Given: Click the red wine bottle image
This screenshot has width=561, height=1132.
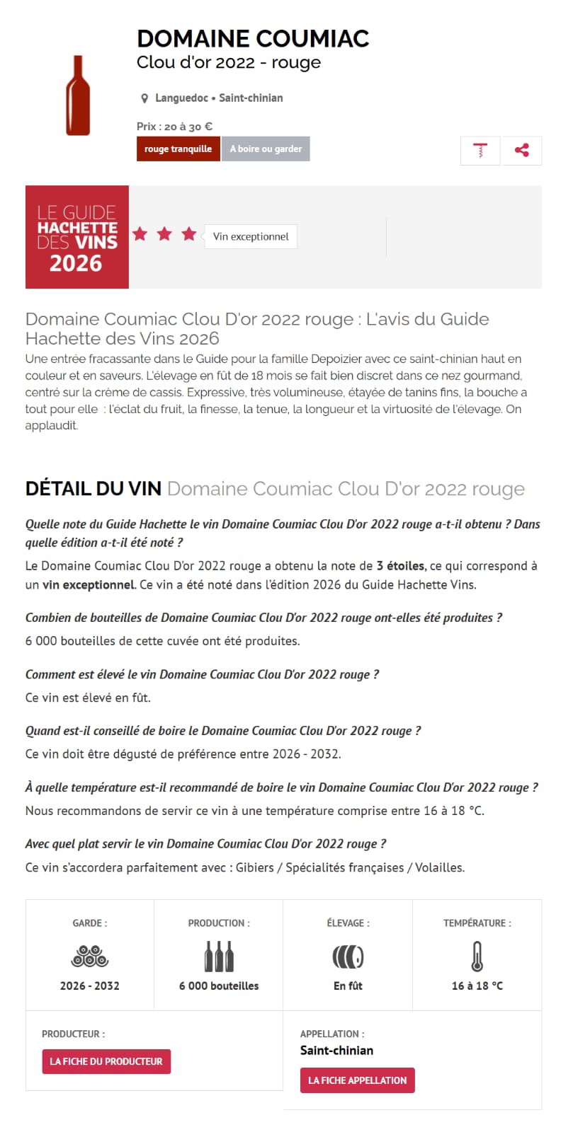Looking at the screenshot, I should [x=78, y=96].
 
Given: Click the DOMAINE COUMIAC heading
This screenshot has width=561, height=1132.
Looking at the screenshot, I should [x=253, y=38].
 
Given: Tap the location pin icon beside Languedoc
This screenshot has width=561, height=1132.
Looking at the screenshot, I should [x=144, y=98].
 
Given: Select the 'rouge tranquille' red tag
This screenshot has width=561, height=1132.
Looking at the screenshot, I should [x=178, y=149].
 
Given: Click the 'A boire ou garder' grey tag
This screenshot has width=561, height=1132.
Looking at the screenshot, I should [x=266, y=149].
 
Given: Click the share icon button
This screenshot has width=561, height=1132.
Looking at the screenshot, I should [x=522, y=150].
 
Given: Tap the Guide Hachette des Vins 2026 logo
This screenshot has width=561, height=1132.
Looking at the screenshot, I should [x=77, y=237].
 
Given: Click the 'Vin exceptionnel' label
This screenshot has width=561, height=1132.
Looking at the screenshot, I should [x=251, y=237].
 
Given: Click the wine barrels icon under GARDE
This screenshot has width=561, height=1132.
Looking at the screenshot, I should [x=90, y=957].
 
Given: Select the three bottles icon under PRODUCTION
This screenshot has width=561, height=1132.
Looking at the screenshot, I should [x=219, y=957].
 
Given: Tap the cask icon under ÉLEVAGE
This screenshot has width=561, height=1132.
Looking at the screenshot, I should [x=348, y=957].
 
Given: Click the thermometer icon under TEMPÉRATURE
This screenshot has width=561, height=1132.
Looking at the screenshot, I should [x=477, y=957].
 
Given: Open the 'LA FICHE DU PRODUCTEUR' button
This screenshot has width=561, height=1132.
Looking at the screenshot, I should [x=106, y=1061].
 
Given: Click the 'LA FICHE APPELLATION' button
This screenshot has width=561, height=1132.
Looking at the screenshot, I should [x=358, y=1080].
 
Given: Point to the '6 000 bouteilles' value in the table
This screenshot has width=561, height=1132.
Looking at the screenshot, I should [x=219, y=986].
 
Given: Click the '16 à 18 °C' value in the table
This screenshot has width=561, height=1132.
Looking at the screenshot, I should [x=477, y=986].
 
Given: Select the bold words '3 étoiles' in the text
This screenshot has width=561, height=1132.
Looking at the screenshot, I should [x=401, y=566].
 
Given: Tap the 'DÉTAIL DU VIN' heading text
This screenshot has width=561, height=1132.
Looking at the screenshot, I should [x=93, y=489].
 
